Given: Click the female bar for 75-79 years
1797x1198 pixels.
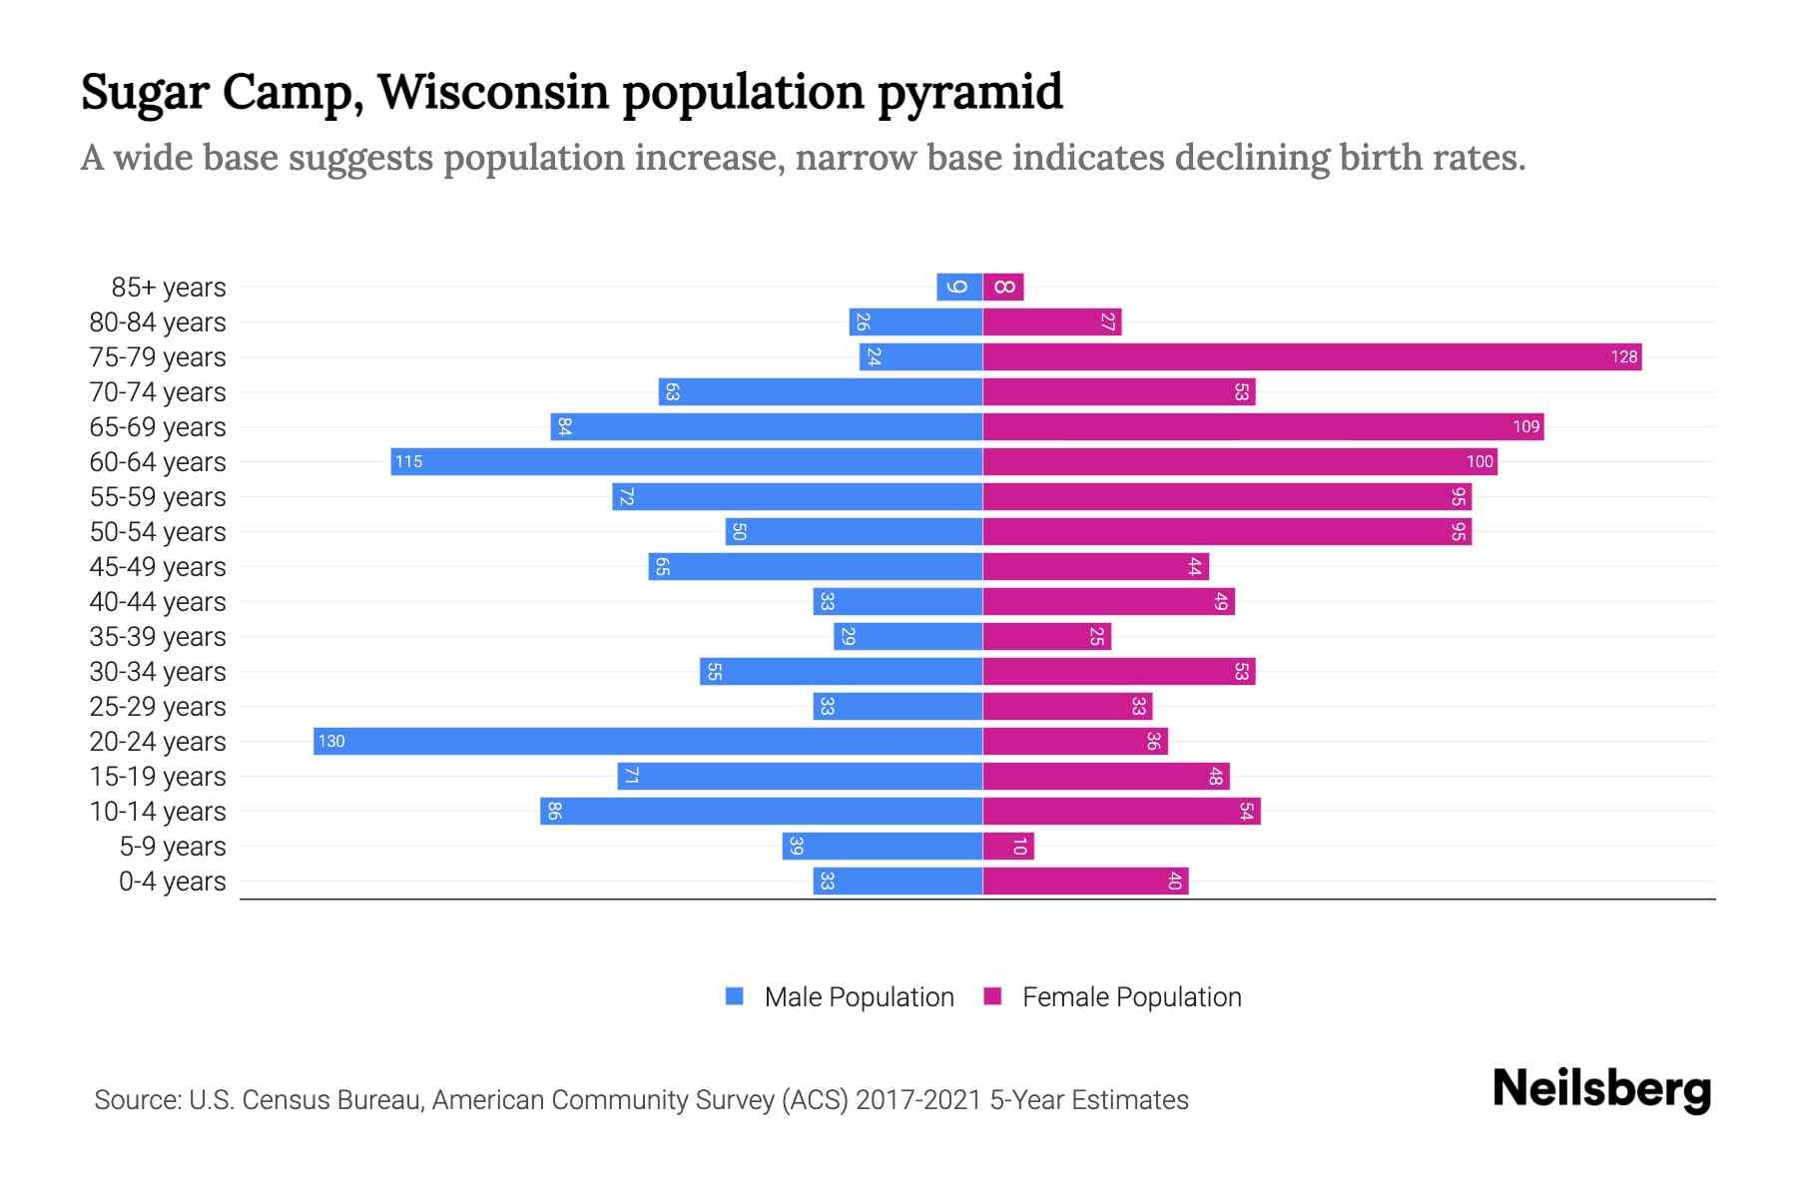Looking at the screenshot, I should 1312,356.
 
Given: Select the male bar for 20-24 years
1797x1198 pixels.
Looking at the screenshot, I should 648,741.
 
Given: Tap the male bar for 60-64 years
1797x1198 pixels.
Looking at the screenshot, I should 687,461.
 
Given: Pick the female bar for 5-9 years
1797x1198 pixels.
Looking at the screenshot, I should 1008,846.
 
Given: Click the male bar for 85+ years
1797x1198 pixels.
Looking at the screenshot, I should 959,287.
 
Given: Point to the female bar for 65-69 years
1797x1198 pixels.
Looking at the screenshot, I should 1263,426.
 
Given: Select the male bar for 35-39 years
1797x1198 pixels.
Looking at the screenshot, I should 908,636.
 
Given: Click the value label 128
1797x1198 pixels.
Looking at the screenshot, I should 1623,357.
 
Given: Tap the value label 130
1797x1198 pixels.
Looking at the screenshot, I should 331,742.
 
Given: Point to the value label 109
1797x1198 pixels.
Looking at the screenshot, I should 1525,427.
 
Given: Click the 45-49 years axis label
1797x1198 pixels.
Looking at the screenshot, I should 158,567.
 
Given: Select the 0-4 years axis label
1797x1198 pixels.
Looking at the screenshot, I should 172,882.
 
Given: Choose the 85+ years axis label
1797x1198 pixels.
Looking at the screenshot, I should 169,288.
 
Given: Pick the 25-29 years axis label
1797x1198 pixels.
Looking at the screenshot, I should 158,707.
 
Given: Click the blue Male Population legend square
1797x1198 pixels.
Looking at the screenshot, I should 735,996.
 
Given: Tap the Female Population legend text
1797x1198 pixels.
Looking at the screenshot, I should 1131,996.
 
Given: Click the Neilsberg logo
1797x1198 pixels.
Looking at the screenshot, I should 1601,1089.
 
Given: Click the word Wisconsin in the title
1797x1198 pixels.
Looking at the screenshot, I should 493,92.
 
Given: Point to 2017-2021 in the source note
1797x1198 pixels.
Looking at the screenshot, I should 918,1100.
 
